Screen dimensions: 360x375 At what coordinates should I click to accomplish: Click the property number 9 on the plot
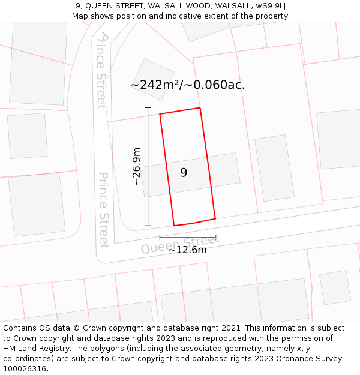(184, 173)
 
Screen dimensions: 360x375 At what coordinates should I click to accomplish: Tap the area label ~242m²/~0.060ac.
(187, 85)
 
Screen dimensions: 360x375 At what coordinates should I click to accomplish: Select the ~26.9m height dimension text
(136, 166)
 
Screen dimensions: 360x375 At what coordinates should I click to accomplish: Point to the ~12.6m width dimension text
(187, 250)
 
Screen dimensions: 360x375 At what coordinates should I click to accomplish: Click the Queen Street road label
(180, 244)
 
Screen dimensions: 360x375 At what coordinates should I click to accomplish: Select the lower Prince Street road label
(104, 210)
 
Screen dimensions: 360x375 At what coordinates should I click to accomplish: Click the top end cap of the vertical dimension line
(148, 108)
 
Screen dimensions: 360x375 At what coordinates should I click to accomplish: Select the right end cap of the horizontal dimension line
(215, 238)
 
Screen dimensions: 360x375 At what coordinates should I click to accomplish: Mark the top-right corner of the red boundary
(200, 108)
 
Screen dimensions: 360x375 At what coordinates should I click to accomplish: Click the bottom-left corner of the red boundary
(174, 226)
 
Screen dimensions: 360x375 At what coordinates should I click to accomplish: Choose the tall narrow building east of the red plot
(274, 167)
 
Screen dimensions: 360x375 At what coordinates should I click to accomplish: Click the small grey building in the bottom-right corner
(335, 287)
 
